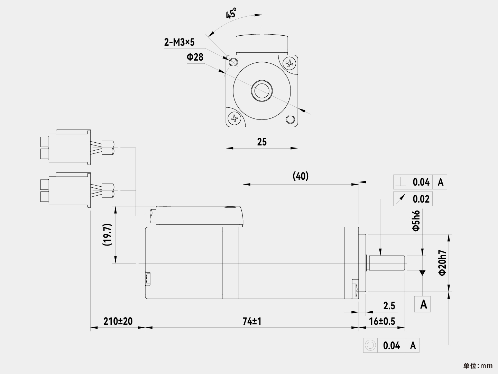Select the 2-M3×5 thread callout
pos(179,42)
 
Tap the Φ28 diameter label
pos(195,57)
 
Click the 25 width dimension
pos(262,142)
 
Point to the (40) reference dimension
pos(301,176)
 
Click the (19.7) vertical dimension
pos(107,234)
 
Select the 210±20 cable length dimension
pos(118,321)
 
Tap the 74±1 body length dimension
pos(252,321)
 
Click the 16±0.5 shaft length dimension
pos(382,321)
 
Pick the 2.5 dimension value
pos(389,305)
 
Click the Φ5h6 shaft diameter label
pos(416,221)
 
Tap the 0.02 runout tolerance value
pos(421,199)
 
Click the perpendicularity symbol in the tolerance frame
pos(401,182)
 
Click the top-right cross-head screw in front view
pos(289,63)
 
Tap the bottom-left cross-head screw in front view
pos(234,119)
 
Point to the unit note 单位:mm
pos(478,366)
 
